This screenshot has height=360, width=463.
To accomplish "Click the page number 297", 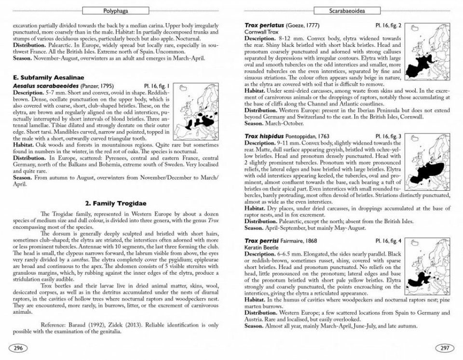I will click(x=444, y=348).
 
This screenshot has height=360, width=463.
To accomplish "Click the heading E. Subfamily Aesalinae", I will click(x=48, y=77).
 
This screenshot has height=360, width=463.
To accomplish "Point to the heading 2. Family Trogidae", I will click(x=116, y=203).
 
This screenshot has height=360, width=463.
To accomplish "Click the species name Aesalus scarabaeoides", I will click(x=46, y=85).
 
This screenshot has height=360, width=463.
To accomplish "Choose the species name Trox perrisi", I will click(x=263, y=240).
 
